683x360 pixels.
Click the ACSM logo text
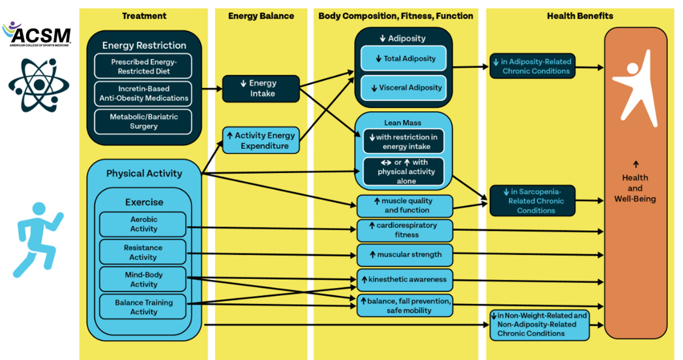tap(41, 36)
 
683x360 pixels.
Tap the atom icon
tap(39, 85)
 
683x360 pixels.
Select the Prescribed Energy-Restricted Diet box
tap(143, 66)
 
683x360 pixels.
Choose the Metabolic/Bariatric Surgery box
tap(143, 121)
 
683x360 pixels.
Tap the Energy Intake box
tap(261, 89)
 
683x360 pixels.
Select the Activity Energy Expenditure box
tap(261, 141)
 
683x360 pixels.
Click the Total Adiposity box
tap(403, 58)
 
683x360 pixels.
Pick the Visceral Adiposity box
tap(403, 88)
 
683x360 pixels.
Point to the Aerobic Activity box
tap(143, 224)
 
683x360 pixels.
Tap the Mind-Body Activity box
tap(143, 279)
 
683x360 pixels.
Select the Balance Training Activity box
tap(143, 307)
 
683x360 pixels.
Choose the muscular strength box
tap(405, 255)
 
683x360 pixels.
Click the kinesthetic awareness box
tap(405, 280)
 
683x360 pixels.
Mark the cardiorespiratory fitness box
tap(405, 230)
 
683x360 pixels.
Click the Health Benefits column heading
tap(580, 16)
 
